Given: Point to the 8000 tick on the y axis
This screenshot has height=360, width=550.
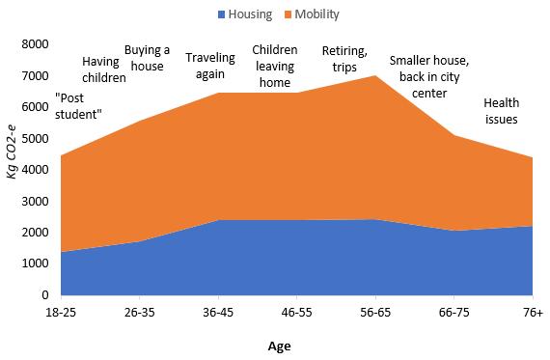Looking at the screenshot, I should coord(34,44).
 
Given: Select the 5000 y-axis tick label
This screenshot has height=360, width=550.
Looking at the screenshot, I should coord(34,138).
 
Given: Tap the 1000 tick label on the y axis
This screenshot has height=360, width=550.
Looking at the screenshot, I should coord(34,263).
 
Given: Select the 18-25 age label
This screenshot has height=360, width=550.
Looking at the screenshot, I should coord(62,313).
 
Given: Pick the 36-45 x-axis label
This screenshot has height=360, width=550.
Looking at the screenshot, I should coord(218,313).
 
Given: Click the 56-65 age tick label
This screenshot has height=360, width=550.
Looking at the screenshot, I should coord(374,313).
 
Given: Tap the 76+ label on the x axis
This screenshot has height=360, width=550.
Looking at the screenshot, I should coord(531,313).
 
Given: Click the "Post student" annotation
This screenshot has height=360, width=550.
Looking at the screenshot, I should coord(79,106).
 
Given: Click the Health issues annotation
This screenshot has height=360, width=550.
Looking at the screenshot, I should coord(501,111).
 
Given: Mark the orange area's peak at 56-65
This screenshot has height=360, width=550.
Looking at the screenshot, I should coord(374,75).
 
